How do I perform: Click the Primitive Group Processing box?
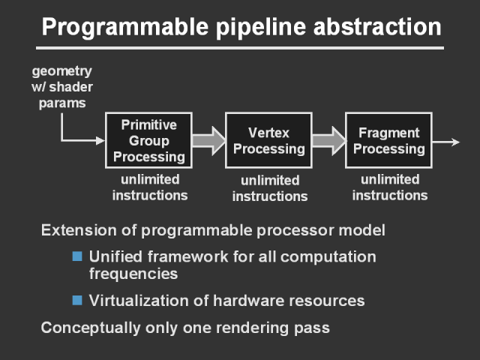(x=148, y=140)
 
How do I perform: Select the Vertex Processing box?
(x=268, y=140)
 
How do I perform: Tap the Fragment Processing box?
(x=388, y=140)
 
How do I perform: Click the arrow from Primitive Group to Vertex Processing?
(x=208, y=140)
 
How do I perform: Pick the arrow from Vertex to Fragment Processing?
(x=328, y=140)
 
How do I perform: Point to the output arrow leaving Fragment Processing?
(x=447, y=140)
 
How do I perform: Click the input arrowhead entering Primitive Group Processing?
(x=99, y=140)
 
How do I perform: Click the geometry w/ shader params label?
(x=61, y=87)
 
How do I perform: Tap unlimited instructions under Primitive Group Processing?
(x=149, y=187)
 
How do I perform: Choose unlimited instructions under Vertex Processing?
(x=269, y=188)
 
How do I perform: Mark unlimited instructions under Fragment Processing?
(x=389, y=187)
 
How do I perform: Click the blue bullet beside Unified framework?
(x=76, y=256)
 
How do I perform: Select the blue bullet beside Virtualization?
(x=76, y=301)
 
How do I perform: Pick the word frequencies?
(x=133, y=274)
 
